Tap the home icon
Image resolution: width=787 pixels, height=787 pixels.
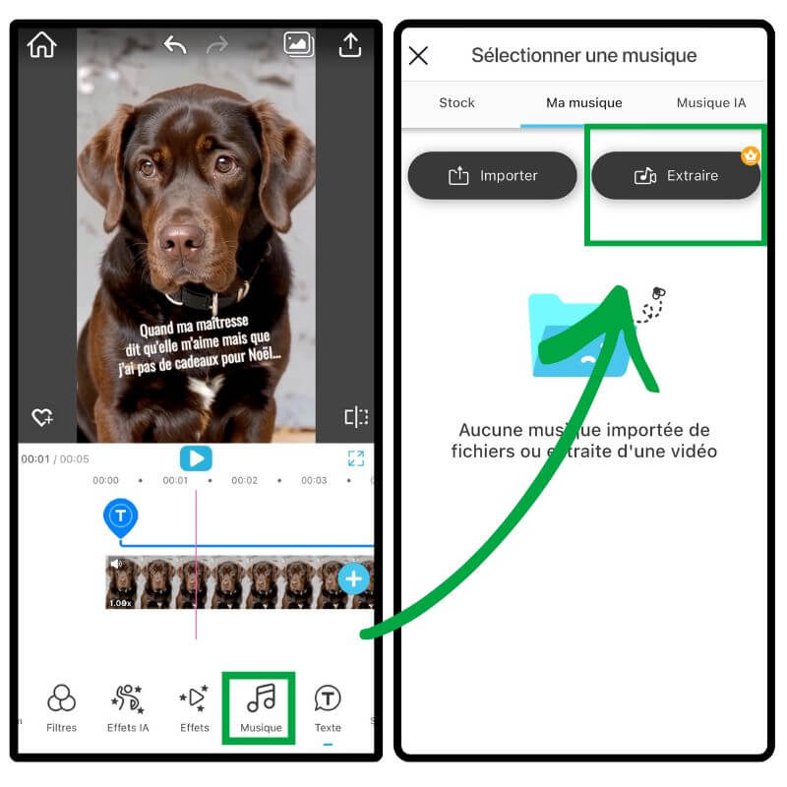(42, 45)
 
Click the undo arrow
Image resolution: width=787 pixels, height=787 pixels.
(175, 45)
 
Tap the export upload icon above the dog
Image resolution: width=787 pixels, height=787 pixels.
(350, 45)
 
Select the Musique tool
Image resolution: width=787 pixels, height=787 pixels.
(261, 707)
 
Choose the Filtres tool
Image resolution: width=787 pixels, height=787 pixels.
(61, 707)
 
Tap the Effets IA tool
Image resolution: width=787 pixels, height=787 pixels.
(128, 707)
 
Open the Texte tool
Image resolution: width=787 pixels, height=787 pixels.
(328, 707)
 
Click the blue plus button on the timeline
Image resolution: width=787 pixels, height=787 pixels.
(353, 578)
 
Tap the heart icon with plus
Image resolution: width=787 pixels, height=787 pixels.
(42, 417)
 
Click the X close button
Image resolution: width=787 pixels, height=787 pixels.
(418, 56)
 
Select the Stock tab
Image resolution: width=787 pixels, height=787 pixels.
(456, 103)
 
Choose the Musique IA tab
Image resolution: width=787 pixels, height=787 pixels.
(711, 103)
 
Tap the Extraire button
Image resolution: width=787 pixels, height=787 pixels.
(676, 176)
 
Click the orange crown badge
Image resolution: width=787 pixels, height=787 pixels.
(751, 156)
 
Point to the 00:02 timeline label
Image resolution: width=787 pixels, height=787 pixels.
(244, 480)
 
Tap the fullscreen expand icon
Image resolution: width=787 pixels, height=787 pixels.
(356, 458)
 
